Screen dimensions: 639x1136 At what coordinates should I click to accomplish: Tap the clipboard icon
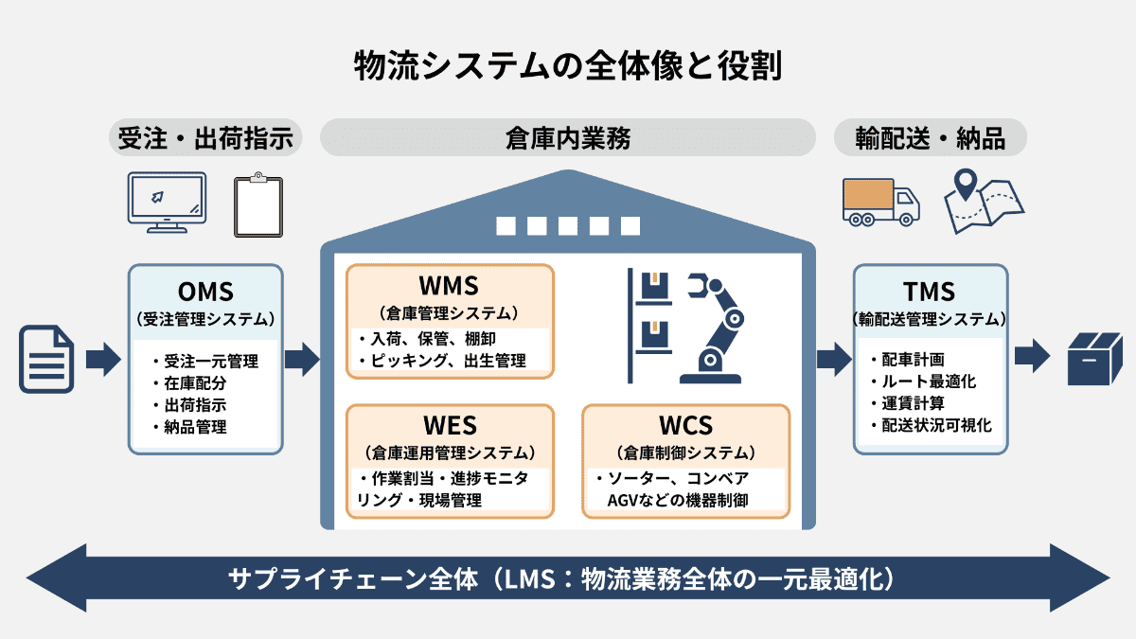pos(258,205)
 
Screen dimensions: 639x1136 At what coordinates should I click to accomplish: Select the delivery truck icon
pos(879,202)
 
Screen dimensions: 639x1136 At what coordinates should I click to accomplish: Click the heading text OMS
pos(205,291)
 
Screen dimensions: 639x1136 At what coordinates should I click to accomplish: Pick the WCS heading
pos(685,425)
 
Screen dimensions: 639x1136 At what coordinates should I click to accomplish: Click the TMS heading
pos(930,291)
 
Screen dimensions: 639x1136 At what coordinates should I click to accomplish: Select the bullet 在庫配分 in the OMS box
pos(195,383)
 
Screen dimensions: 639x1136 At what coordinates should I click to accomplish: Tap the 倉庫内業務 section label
pos(568,138)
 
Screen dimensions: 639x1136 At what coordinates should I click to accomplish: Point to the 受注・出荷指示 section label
pos(205,138)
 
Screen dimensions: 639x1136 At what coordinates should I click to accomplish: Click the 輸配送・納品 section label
pos(930,138)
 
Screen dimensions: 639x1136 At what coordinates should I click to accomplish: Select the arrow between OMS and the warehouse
pos(302,359)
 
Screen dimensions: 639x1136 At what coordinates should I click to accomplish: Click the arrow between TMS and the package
pos(1032,359)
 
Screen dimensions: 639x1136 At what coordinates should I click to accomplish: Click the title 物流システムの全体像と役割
pos(568,68)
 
